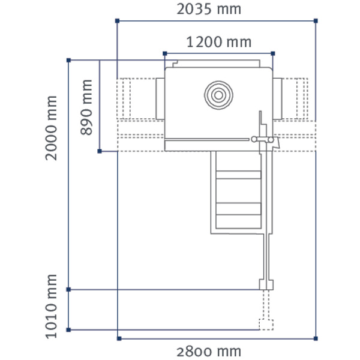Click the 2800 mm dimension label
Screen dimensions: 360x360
pos(209,351)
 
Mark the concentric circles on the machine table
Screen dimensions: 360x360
pos(217,95)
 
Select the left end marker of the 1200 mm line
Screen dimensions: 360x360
pos(164,53)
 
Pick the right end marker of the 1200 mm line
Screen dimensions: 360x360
pos(273,53)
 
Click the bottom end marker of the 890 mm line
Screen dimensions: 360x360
pos(99,151)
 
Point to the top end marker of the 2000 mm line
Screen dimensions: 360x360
pos(69,60)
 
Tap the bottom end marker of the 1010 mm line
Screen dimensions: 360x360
pos(69,330)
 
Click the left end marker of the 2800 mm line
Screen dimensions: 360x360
pos(118,339)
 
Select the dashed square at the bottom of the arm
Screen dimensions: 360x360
pos(266,323)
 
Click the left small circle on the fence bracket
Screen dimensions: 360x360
pos(254,140)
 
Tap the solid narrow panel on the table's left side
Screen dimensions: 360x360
pos(160,98)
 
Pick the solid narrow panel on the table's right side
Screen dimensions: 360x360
pos(278,98)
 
